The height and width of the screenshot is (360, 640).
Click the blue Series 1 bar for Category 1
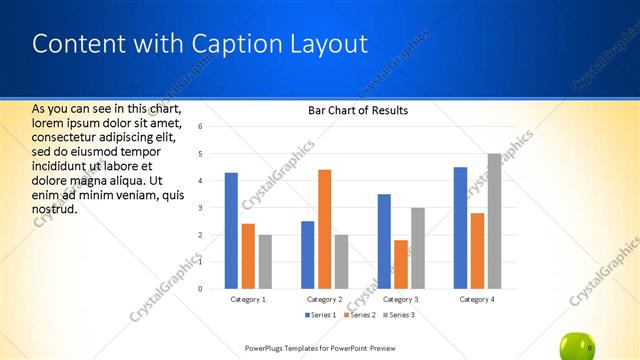[x=231, y=230]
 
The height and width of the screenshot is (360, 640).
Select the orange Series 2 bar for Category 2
[x=324, y=229]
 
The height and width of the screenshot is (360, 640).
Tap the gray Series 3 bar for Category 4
[x=494, y=221]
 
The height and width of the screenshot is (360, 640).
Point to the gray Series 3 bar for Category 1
[x=265, y=261]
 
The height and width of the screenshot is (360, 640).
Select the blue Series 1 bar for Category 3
[x=384, y=241]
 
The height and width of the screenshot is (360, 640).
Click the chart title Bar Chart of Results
[x=357, y=110]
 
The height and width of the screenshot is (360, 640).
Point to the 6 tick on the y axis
[x=201, y=127]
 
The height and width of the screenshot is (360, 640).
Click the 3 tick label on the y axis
[x=201, y=208]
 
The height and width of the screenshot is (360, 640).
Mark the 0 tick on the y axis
[x=201, y=289]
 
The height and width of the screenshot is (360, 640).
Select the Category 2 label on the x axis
[x=324, y=299]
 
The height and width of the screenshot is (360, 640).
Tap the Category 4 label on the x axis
[x=477, y=299]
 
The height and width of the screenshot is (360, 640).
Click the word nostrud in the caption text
[x=55, y=208]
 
